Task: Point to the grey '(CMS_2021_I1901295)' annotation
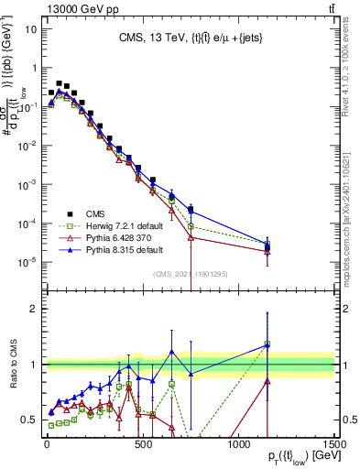point(188,273)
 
